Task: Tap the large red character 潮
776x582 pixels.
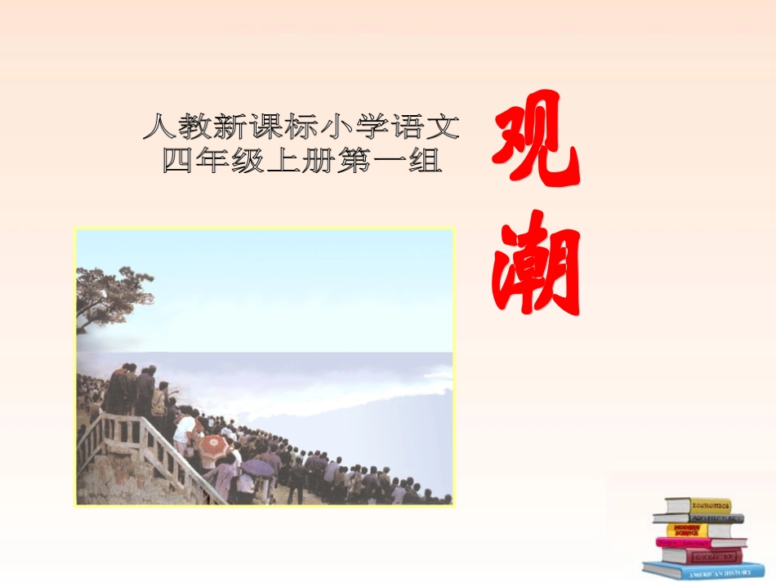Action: [x=536, y=263]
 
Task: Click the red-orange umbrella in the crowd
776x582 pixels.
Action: [x=214, y=445]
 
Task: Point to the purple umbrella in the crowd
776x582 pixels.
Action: [x=258, y=467]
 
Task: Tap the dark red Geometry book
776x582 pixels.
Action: [x=702, y=556]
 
